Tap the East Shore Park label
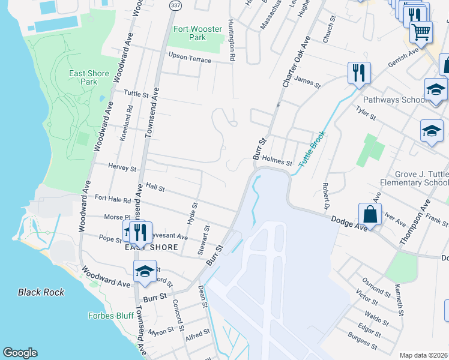click(89, 77)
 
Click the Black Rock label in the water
click(41, 292)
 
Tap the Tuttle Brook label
click(312, 149)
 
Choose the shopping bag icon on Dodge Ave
click(370, 215)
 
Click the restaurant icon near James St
click(359, 73)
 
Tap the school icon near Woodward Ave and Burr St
click(145, 272)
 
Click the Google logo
click(20, 353)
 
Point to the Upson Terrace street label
click(190, 59)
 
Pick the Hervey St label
click(122, 169)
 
